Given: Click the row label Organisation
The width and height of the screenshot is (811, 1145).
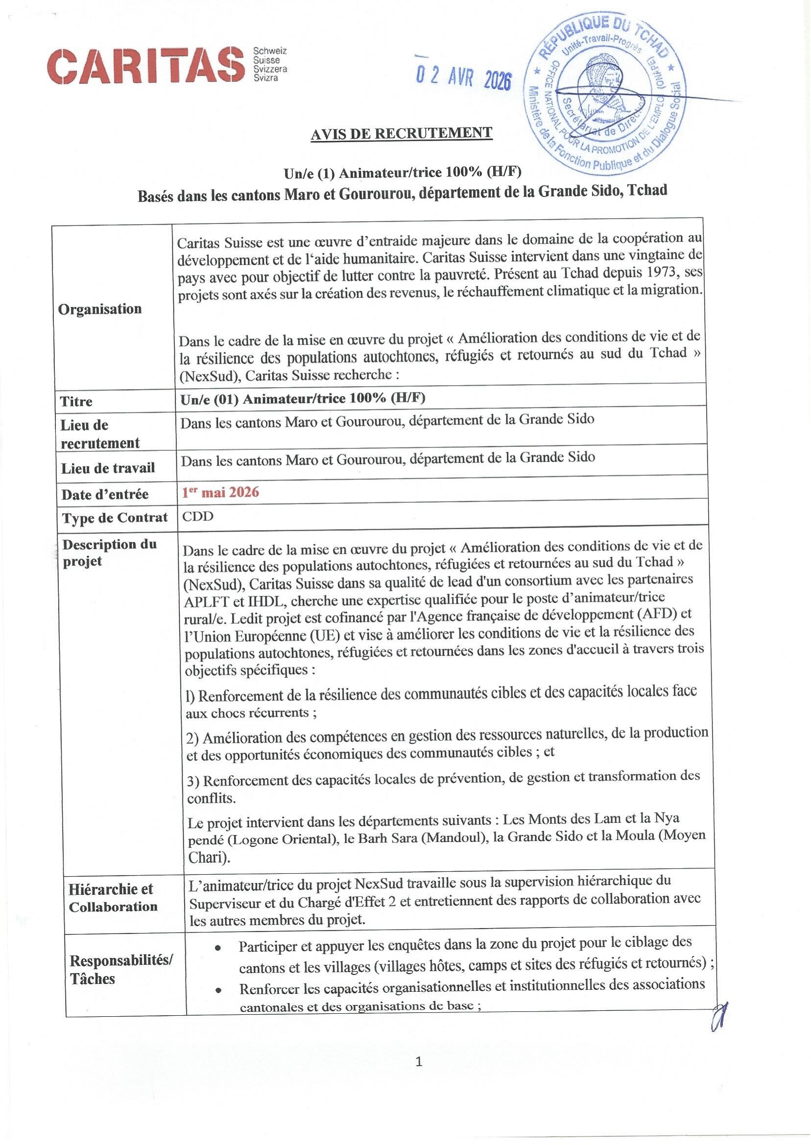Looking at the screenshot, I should (100, 309).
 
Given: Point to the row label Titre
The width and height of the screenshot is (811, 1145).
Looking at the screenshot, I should (76, 401).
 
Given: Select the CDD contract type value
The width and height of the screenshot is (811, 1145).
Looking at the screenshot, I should (198, 516).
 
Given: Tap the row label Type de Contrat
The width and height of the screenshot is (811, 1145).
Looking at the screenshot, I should (115, 517).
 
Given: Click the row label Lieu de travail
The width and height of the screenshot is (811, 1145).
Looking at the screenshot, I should (108, 467).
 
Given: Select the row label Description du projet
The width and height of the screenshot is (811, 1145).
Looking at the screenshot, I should (109, 553).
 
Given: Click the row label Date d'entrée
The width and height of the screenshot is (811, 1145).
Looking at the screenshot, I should (105, 494).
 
